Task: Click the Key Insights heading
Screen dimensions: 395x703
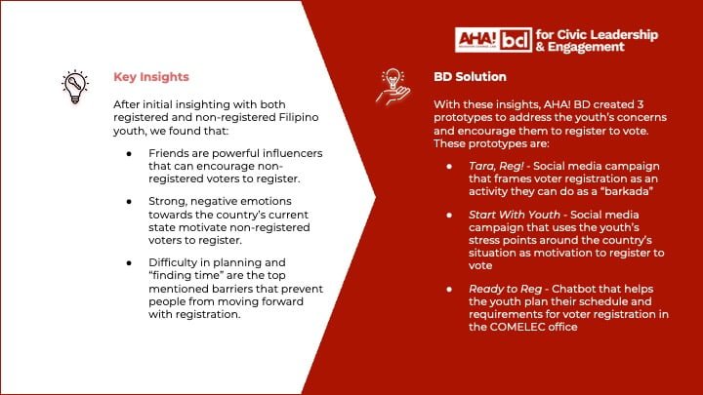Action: (151, 76)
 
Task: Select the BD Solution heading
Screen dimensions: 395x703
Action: (473, 76)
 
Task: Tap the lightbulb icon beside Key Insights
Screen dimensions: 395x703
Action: (74, 87)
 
